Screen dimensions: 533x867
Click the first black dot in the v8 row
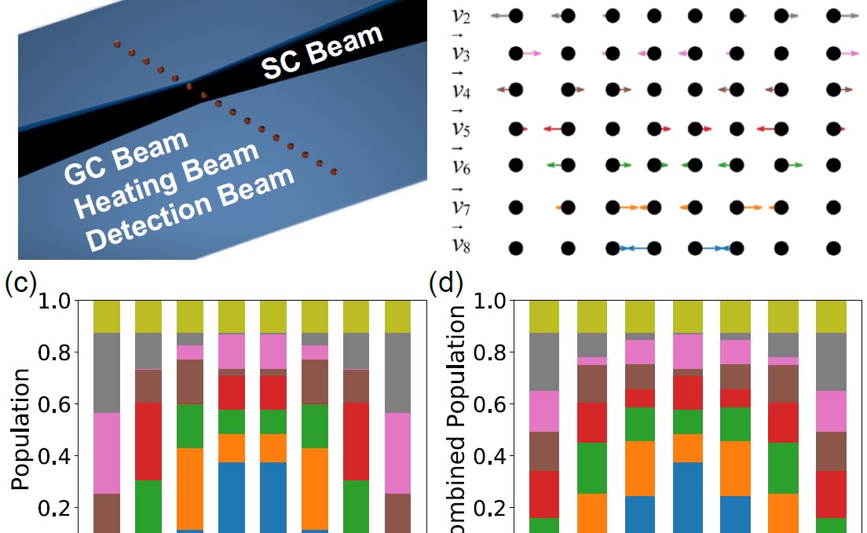pyautogui.click(x=515, y=248)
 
